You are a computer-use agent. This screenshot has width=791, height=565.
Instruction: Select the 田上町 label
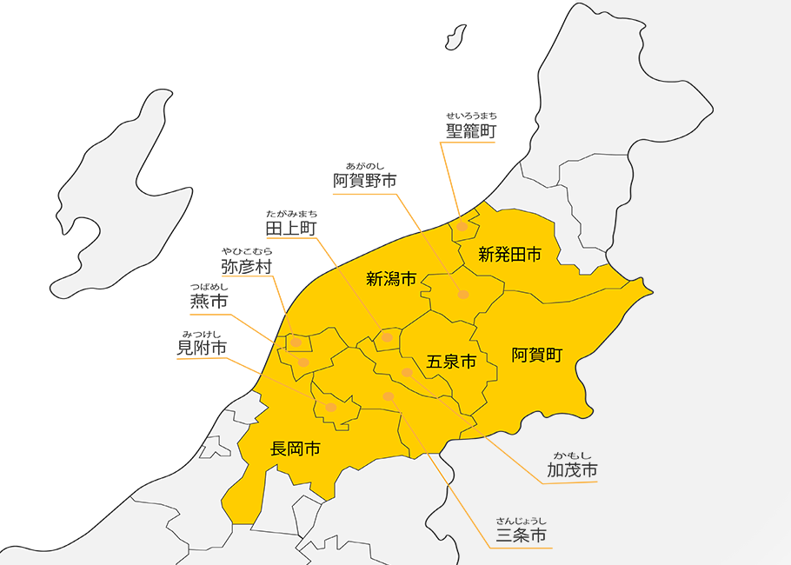tap(291, 229)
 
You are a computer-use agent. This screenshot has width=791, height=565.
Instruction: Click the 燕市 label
tap(209, 302)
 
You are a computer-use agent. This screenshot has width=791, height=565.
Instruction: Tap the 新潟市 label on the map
tap(391, 279)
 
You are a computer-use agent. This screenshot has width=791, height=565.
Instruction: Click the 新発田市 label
tap(510, 255)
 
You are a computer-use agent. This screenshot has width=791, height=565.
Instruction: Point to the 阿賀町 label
tap(537, 355)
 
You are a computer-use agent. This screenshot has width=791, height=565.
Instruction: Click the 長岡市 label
tap(296, 449)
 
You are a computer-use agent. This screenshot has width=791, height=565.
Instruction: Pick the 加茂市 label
tap(572, 470)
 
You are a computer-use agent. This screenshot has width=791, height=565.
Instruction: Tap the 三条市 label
tap(522, 535)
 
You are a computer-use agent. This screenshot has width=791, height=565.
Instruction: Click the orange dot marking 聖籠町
tap(462, 227)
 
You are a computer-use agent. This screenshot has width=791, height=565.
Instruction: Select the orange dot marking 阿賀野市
tap(463, 295)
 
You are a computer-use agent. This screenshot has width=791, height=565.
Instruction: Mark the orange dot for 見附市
tap(331, 407)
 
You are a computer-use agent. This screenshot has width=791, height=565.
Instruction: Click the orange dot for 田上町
tap(388, 337)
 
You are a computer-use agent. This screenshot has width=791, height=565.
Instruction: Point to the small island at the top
tap(454, 36)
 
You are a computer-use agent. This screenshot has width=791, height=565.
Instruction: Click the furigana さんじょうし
tap(522, 519)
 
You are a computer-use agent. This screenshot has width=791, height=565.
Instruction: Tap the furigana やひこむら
tap(246, 250)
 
